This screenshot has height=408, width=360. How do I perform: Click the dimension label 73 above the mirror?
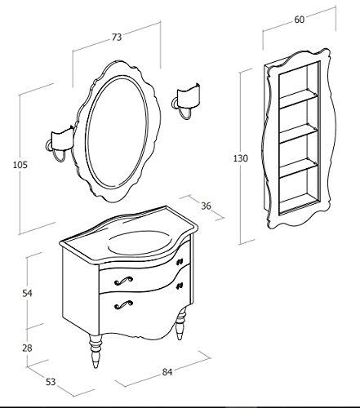point(117,37)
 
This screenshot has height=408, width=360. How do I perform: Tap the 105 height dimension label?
point(20,165)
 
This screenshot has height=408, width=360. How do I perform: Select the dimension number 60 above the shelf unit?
point(299,20)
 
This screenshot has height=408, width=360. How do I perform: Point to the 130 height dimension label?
point(241,158)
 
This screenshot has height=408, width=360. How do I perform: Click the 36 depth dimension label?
point(207,206)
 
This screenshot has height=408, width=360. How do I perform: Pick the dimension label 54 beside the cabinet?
point(27,293)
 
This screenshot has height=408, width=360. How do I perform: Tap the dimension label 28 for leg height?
point(27,348)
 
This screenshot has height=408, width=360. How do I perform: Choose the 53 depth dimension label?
point(51,382)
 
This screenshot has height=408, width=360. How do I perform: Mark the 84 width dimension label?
point(167,372)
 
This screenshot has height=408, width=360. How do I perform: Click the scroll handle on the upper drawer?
point(123,281)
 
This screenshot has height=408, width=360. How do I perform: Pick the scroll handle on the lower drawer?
point(123,304)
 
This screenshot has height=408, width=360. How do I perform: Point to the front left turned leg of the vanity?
point(96,352)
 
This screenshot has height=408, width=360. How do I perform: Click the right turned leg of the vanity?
point(181,324)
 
